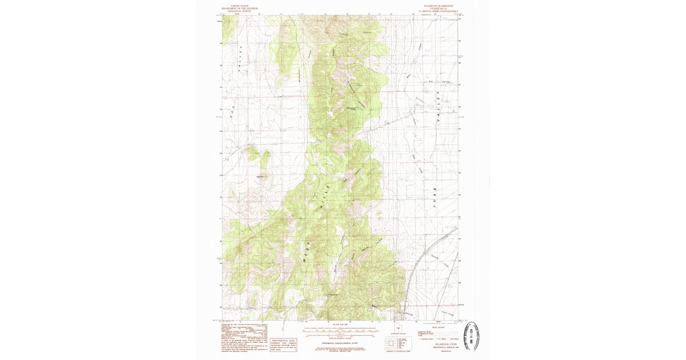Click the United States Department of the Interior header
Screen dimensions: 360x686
[x=240, y=9]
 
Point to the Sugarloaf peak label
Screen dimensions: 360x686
[x=264, y=178]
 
